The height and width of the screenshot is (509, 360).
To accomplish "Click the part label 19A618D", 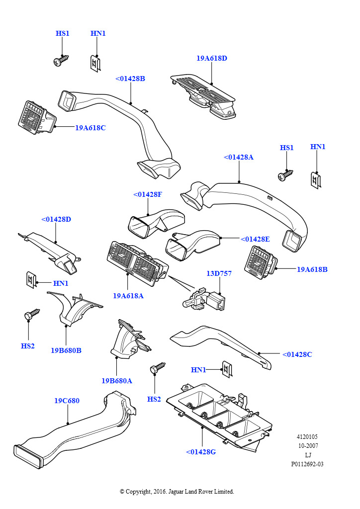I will point(211,58).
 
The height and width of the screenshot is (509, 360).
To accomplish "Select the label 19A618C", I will point(90,128).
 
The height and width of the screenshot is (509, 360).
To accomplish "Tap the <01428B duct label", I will point(130,79).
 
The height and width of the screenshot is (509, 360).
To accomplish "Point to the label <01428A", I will point(239,157).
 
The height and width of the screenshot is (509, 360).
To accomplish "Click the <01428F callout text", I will point(148,194).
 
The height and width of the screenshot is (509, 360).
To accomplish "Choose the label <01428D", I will point(56,219).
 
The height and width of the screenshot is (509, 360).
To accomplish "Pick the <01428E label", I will point(255,239).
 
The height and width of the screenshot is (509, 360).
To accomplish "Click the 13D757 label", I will point(219,273).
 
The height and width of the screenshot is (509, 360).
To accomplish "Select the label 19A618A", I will point(128,296).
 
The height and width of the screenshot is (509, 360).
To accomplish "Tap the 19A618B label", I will point(312,269).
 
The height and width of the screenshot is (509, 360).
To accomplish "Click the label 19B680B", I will point(66,350).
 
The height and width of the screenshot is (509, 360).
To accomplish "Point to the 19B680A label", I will point(117,381).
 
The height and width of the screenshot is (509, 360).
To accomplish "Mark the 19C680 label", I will point(67,401).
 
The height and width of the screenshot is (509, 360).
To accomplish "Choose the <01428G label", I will point(201,452).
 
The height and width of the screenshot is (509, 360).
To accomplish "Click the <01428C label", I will point(297,354).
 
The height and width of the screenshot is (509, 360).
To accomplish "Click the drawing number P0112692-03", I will point(307,464).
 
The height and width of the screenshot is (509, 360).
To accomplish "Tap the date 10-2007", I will point(308,446).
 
